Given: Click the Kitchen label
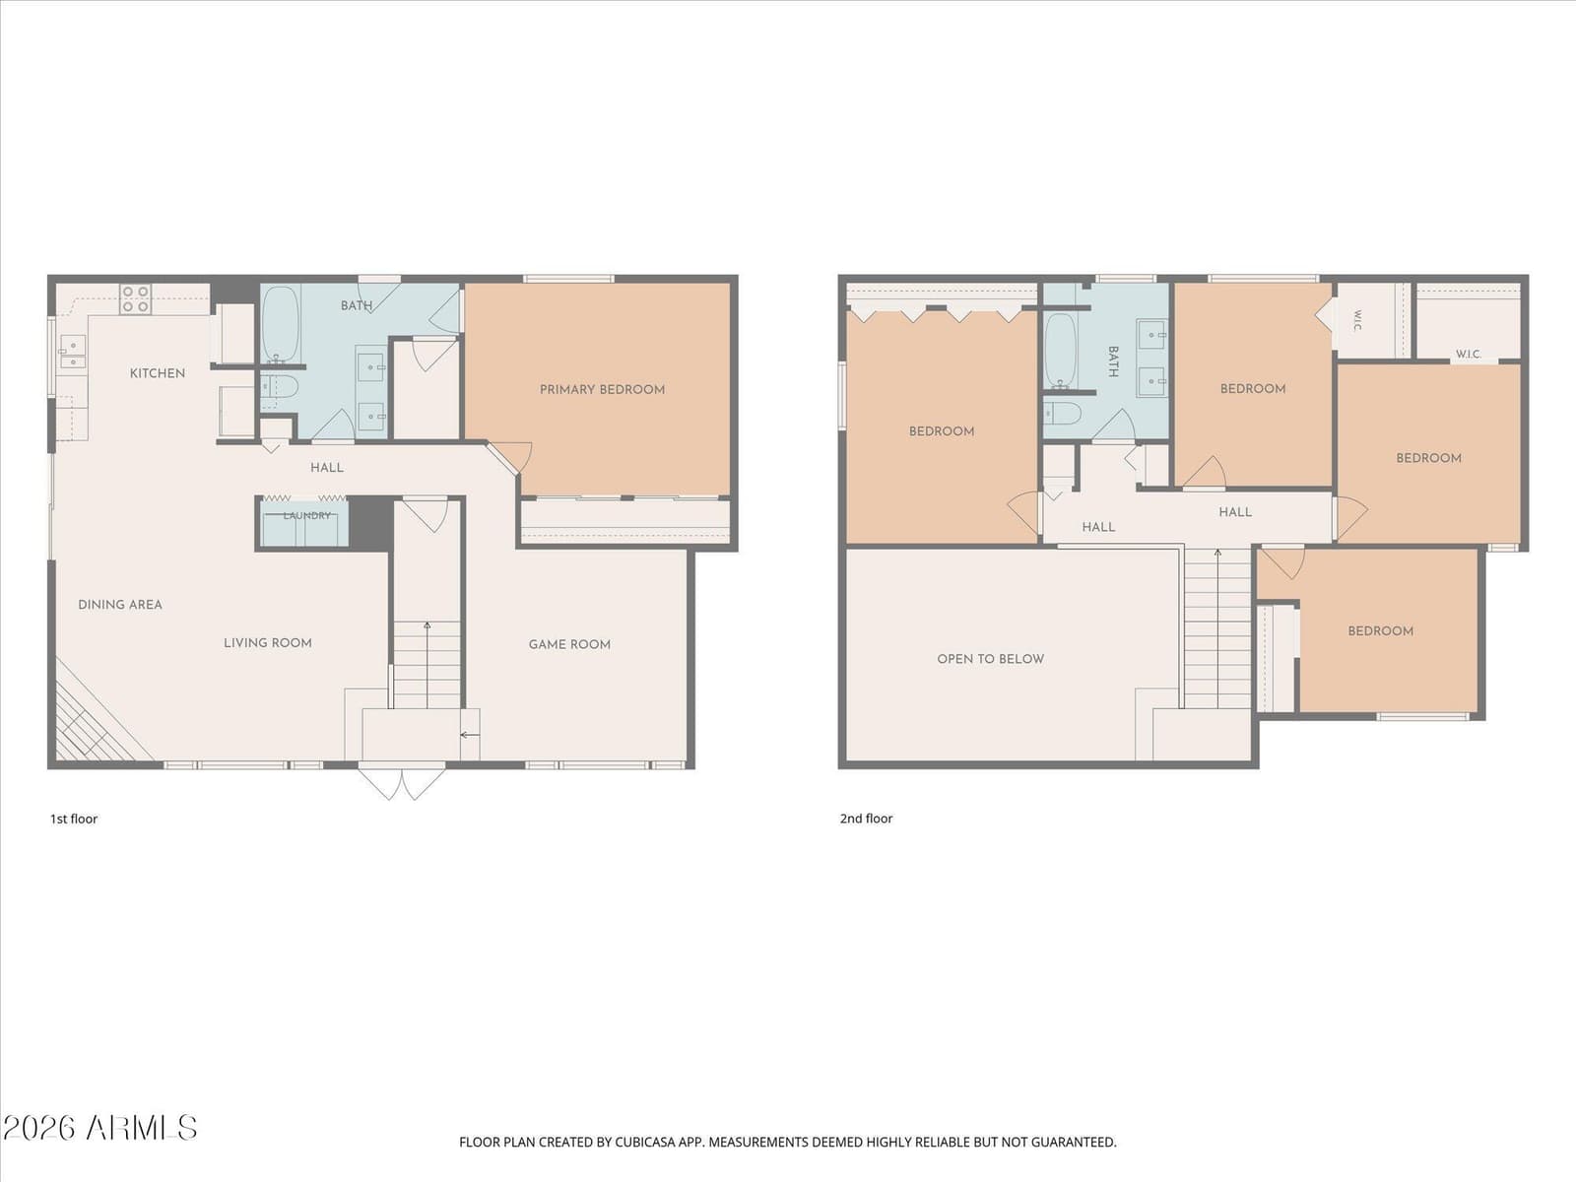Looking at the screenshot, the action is (x=158, y=373).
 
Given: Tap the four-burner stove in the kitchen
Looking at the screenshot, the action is (x=136, y=298).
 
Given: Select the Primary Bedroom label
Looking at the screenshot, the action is (x=603, y=390).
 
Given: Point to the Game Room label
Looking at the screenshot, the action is (x=569, y=644).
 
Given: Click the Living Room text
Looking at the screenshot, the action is (x=268, y=643).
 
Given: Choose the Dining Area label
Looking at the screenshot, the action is (x=120, y=605).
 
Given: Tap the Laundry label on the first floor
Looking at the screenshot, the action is (x=306, y=515).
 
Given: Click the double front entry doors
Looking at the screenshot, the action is (x=402, y=783).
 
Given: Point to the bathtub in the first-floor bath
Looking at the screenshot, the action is (x=280, y=324).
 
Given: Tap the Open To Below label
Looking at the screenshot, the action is (x=991, y=659).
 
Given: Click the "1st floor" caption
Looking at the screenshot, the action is (x=73, y=819).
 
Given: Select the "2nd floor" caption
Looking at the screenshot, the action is (x=866, y=819).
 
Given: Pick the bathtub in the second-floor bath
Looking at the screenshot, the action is (x=1060, y=350).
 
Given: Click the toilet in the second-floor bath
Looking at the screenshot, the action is (x=1062, y=413).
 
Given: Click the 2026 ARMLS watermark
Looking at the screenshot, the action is (x=99, y=1128).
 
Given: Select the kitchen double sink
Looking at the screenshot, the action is (x=73, y=353).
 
